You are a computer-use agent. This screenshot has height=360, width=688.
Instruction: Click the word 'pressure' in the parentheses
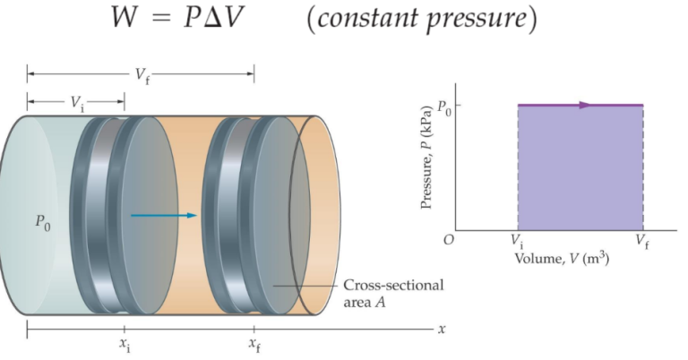[477, 21]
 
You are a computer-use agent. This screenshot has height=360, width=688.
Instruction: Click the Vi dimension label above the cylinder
[77, 103]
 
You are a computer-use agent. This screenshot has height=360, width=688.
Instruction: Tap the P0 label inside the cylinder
[43, 222]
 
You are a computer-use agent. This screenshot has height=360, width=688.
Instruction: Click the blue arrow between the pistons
[163, 215]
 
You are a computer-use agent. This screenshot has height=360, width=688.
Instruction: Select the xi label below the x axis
[125, 345]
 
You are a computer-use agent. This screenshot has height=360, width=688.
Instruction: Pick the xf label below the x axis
[254, 345]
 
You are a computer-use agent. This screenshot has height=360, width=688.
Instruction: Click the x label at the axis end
[442, 329]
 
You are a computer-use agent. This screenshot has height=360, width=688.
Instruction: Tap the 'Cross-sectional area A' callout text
[393, 294]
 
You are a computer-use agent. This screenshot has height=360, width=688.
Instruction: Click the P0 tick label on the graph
[443, 108]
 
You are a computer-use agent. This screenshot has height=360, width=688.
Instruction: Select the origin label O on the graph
[448, 240]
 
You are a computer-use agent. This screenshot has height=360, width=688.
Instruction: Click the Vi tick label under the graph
[516, 242]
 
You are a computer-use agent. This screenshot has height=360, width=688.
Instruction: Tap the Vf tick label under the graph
[642, 242]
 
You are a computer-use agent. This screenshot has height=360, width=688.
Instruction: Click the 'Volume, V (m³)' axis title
[562, 259]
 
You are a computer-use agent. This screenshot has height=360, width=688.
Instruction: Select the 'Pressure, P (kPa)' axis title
[427, 158]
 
